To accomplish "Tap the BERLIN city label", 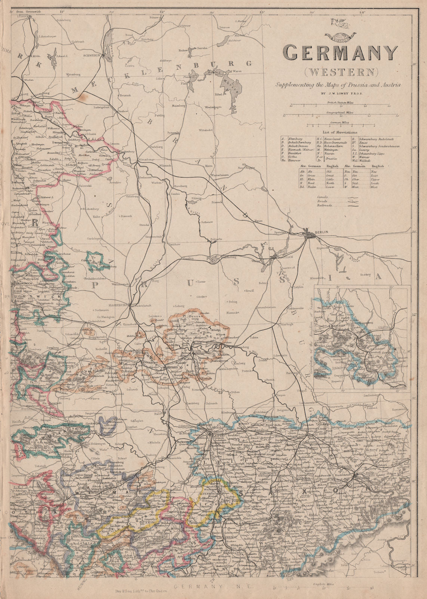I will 322,232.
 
